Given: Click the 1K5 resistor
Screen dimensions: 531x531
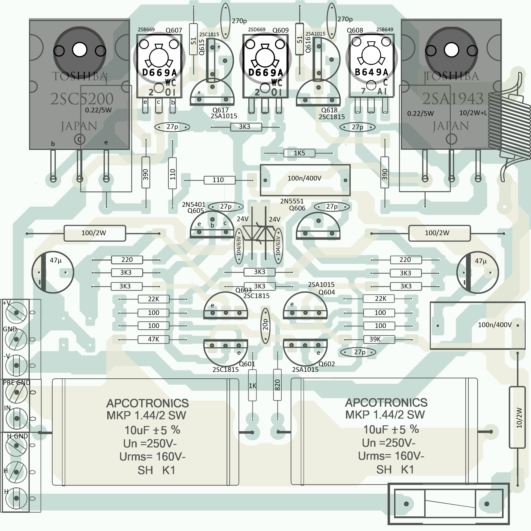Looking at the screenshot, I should point(299,153).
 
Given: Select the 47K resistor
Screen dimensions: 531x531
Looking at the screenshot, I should point(153,339).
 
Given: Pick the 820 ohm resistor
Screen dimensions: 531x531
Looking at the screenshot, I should point(277,385).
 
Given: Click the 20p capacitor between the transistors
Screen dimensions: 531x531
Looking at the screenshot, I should point(265,326).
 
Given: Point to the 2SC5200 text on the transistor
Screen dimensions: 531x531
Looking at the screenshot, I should point(82,99).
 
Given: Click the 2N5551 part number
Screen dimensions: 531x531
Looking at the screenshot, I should point(292,201).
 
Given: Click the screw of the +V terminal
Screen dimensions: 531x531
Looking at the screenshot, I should point(16,312).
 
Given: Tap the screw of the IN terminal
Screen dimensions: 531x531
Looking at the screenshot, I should point(16,419).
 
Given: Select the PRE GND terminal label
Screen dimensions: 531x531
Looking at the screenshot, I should point(16,382).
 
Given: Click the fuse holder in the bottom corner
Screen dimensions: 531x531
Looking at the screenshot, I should point(448,504).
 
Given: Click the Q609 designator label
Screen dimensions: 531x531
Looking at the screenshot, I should point(280,30).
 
